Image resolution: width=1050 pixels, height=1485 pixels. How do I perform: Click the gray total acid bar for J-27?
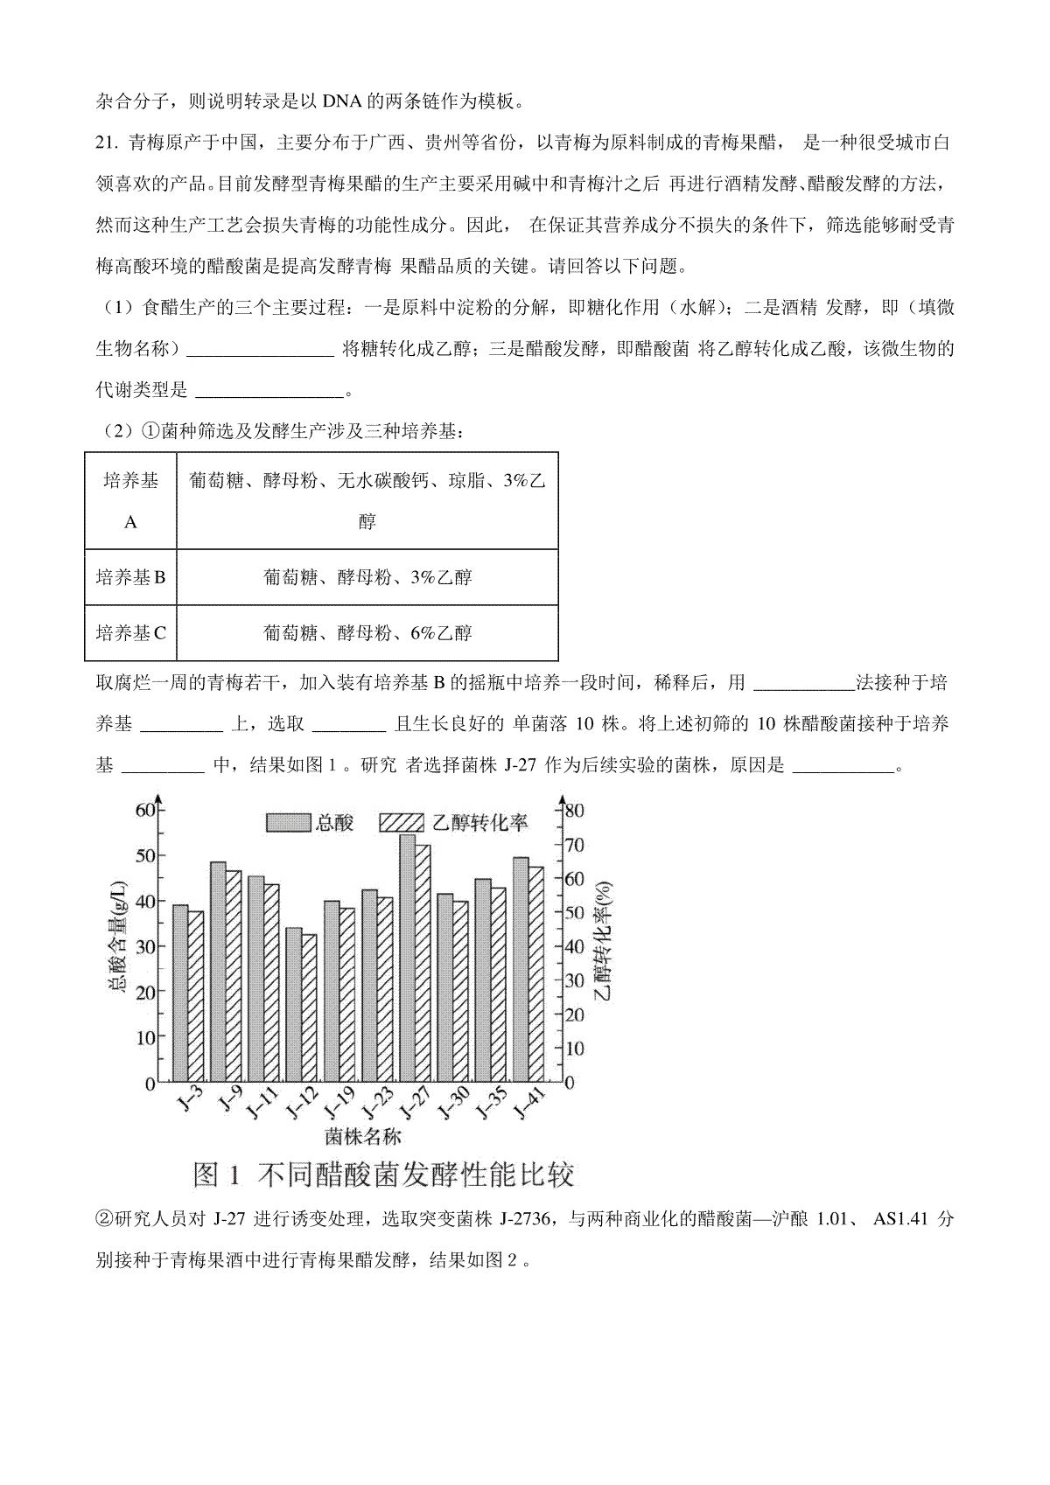[407, 958]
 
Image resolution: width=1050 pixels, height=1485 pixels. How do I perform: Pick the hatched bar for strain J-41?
[536, 974]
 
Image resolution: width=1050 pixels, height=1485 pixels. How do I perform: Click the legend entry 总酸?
[311, 822]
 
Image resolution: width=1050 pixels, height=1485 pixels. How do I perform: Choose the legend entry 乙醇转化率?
[455, 822]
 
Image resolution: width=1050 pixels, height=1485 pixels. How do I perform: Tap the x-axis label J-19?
[339, 1104]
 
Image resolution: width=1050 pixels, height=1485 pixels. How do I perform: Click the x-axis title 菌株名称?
[362, 1136]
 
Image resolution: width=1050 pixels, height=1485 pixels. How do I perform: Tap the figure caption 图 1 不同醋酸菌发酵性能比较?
[382, 1175]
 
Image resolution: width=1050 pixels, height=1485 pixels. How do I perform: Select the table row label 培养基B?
[130, 577]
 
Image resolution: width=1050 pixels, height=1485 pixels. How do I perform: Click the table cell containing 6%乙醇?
[367, 632]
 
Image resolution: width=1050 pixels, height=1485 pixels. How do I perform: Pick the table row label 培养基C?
[130, 632]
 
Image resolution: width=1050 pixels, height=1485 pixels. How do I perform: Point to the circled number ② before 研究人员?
[104, 1219]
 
